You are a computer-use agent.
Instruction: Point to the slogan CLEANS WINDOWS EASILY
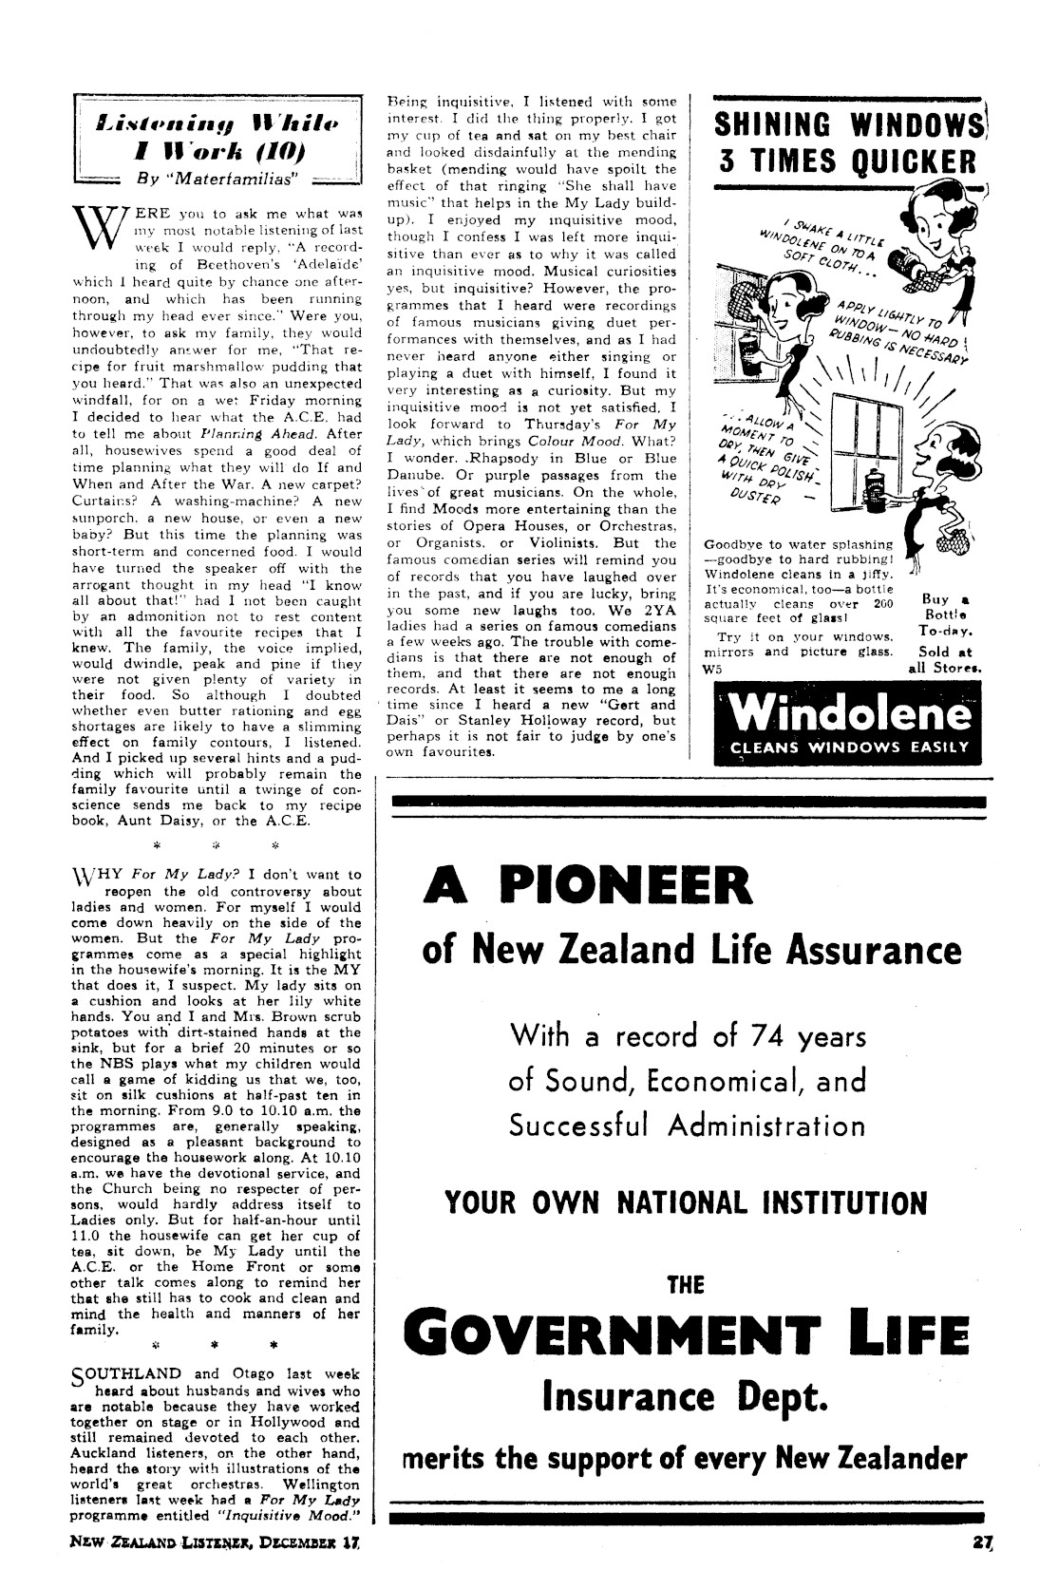pyautogui.click(x=849, y=747)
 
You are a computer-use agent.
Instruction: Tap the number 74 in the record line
pyautogui.click(x=746, y=1036)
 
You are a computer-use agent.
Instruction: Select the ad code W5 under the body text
pyautogui.click(x=712, y=668)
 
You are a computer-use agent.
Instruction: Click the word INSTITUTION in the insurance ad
pyautogui.click(x=848, y=1203)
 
